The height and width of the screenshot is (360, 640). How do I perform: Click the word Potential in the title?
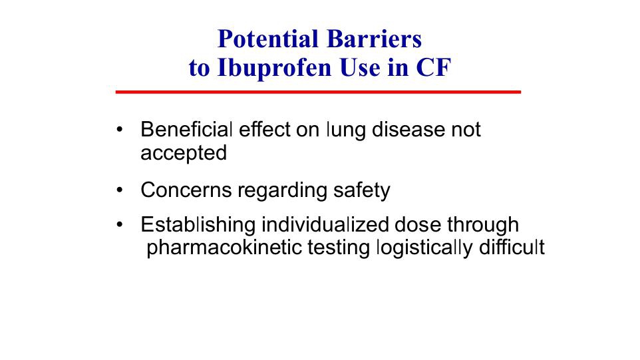tap(267, 39)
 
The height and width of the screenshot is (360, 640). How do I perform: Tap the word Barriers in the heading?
tap(375, 39)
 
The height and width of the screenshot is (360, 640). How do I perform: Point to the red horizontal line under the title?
tap(318, 92)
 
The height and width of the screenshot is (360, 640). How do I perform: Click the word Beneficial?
tap(186, 129)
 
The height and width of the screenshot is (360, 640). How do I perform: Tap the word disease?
tap(408, 129)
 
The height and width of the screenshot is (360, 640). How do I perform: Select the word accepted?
tap(184, 154)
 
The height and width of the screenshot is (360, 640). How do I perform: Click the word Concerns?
tap(186, 190)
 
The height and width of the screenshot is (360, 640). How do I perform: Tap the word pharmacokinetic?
tap(224, 248)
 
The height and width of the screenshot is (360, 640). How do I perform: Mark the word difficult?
tap(512, 247)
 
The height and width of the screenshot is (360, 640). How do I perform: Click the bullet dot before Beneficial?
tap(119, 130)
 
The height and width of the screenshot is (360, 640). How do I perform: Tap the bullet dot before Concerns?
tap(119, 190)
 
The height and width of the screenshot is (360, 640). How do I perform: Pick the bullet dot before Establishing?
tap(119, 225)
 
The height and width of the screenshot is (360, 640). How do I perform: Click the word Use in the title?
tap(360, 68)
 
